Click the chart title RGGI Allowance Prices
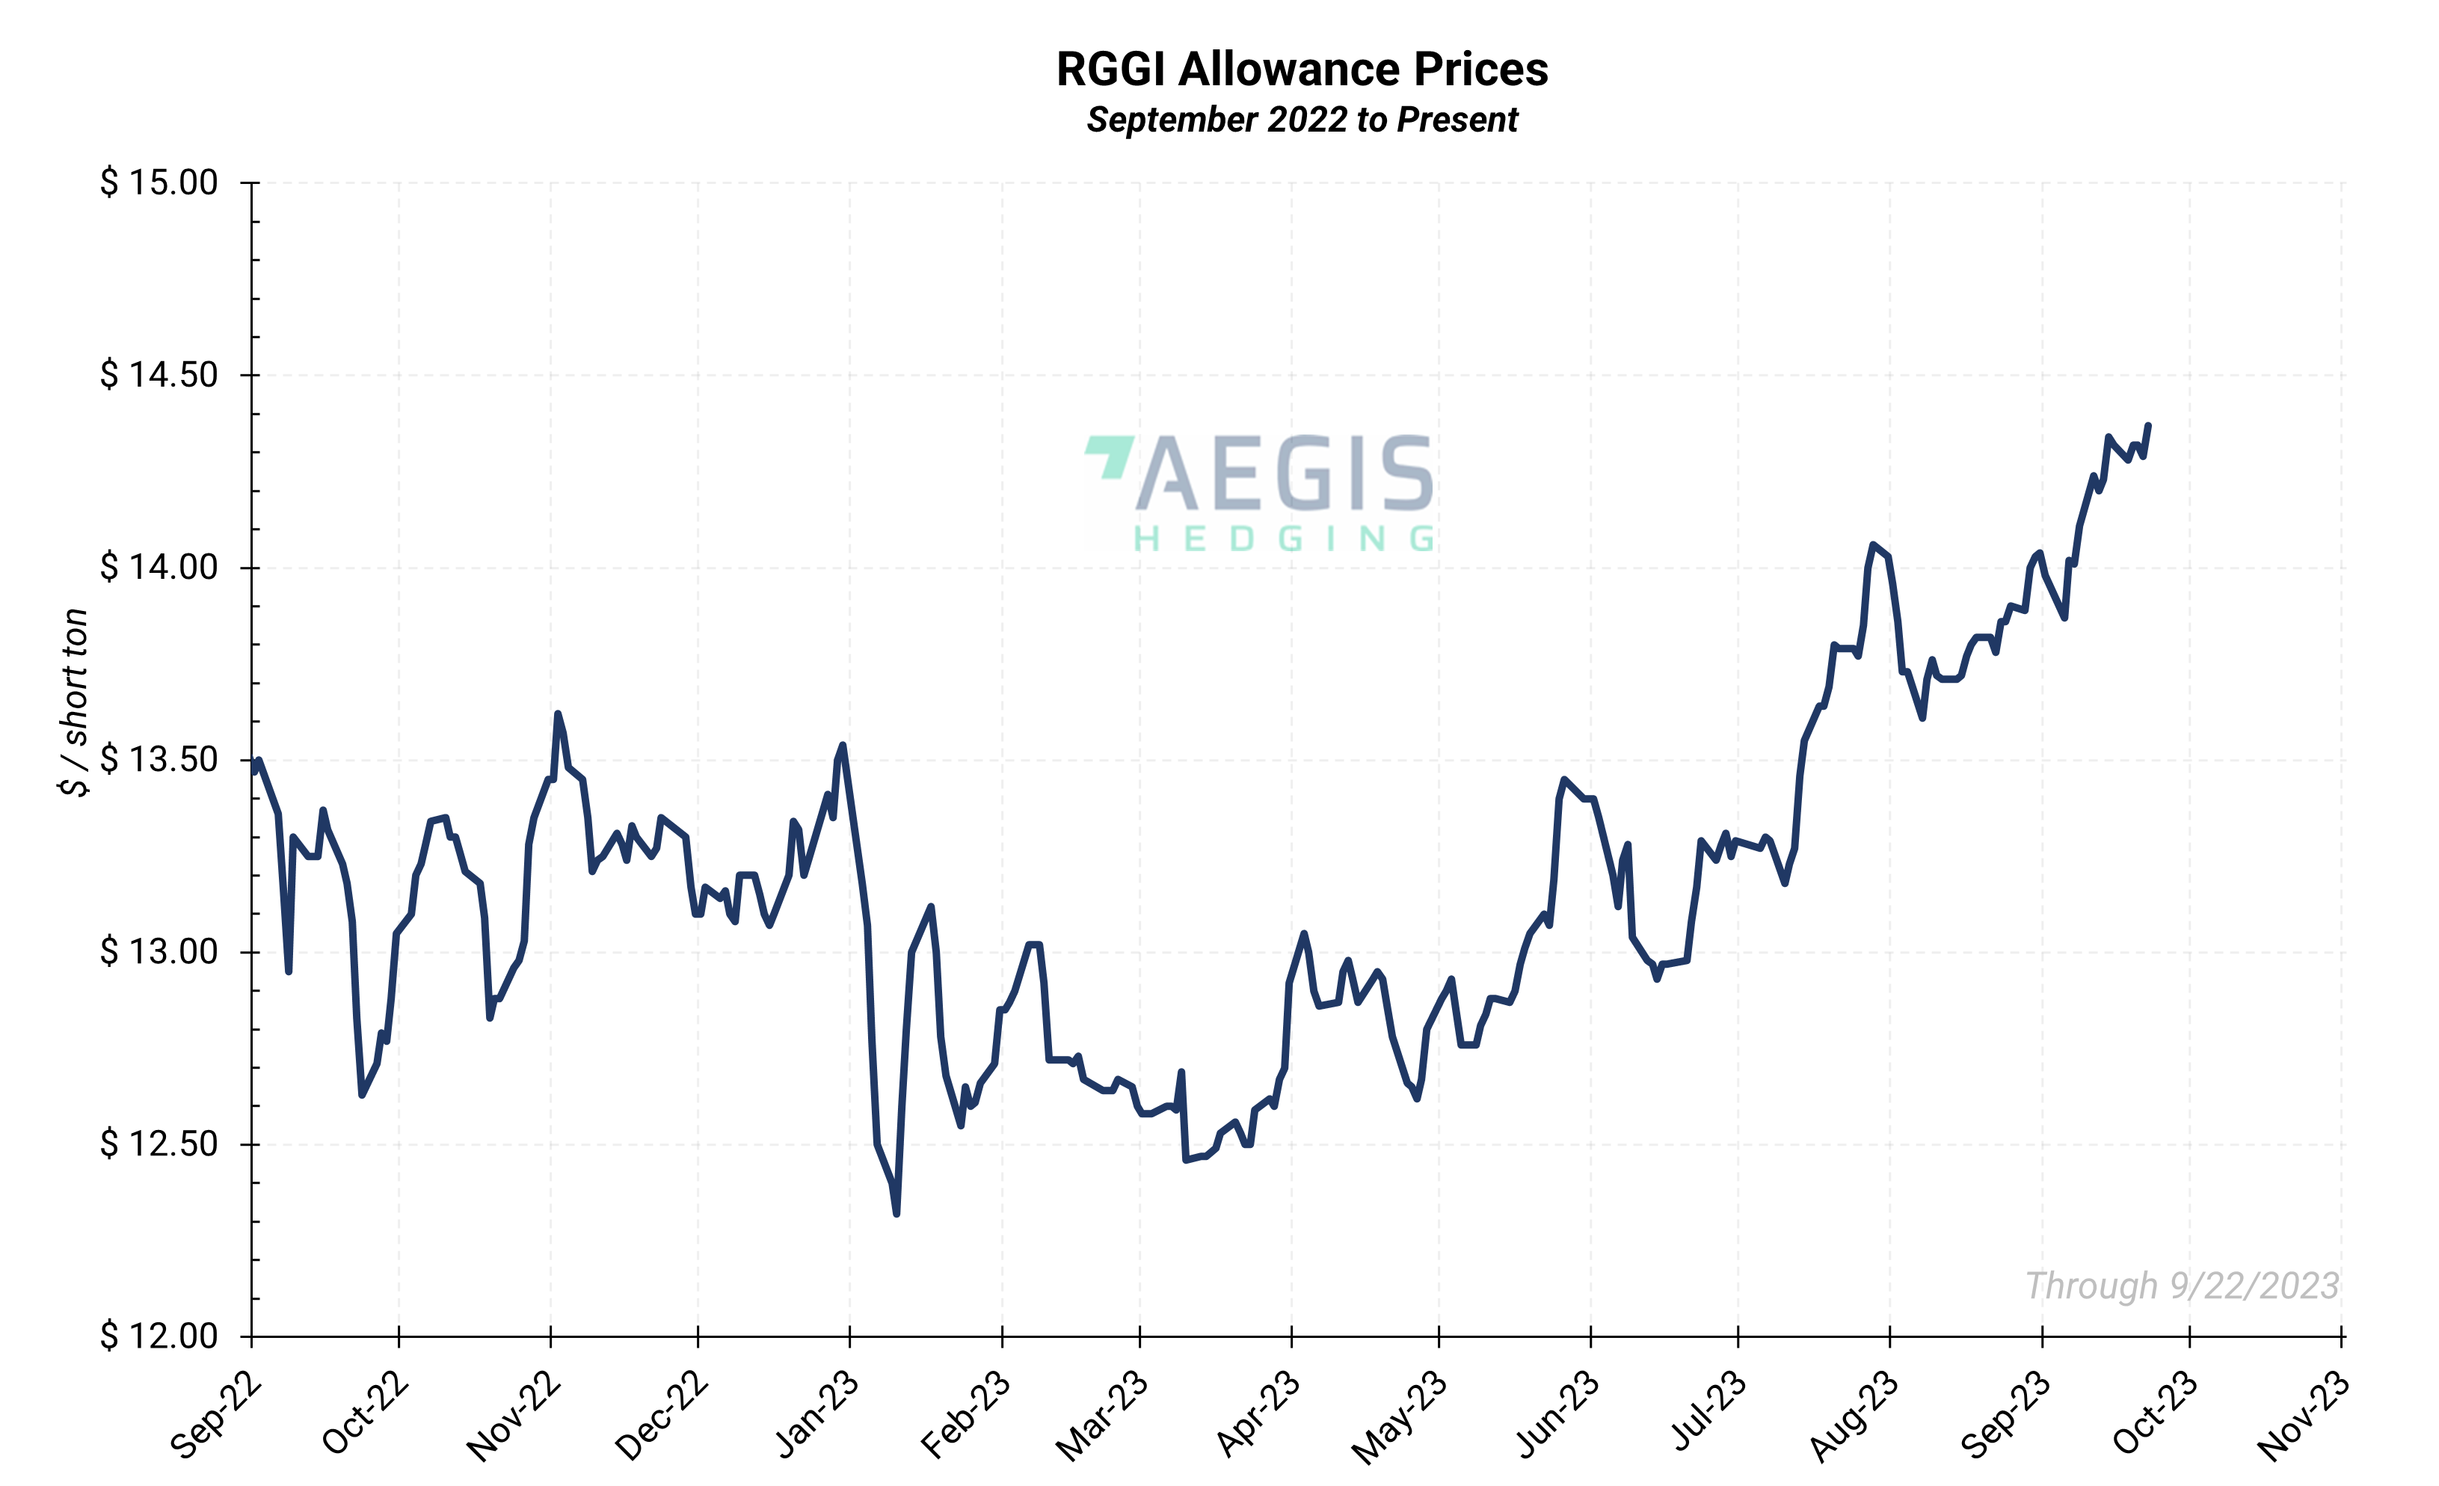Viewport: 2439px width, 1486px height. click(1302, 70)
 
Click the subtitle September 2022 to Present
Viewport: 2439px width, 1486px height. click(1302, 120)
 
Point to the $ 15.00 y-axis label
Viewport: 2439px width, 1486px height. click(159, 182)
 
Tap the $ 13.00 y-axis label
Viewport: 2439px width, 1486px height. click(159, 951)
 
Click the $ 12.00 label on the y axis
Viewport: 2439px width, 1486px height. click(159, 1336)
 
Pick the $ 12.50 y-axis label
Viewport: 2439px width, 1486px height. click(159, 1143)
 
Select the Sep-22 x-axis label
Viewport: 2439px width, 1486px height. click(216, 1416)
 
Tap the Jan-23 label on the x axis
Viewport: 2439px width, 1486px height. click(816, 1416)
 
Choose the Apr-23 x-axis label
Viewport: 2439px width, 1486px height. click(1257, 1416)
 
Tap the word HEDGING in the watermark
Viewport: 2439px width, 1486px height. click(1284, 539)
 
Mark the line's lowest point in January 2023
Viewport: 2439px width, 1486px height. click(896, 1214)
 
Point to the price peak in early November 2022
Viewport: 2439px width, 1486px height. click(557, 713)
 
